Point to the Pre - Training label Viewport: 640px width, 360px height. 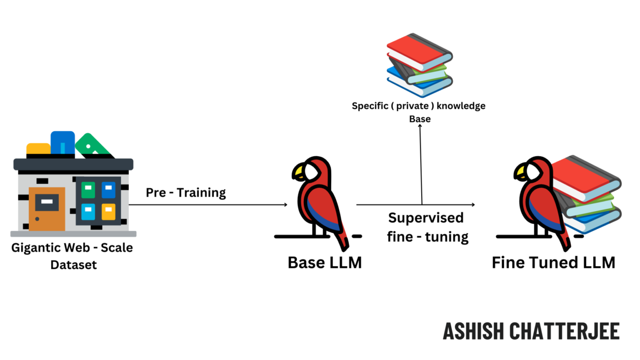pos(186,193)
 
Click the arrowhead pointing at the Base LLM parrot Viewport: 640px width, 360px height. pos(285,205)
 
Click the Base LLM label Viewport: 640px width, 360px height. pos(324,262)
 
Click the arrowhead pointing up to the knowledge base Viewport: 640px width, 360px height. pos(420,126)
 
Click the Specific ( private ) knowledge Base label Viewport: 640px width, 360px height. pos(419,112)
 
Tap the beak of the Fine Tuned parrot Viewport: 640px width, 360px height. pos(521,173)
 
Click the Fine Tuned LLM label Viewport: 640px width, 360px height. pos(553,262)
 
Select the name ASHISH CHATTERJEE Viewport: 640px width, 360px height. pos(531,331)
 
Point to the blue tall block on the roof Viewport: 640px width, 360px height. pos(62,143)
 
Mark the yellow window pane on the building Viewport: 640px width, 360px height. pos(108,211)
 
